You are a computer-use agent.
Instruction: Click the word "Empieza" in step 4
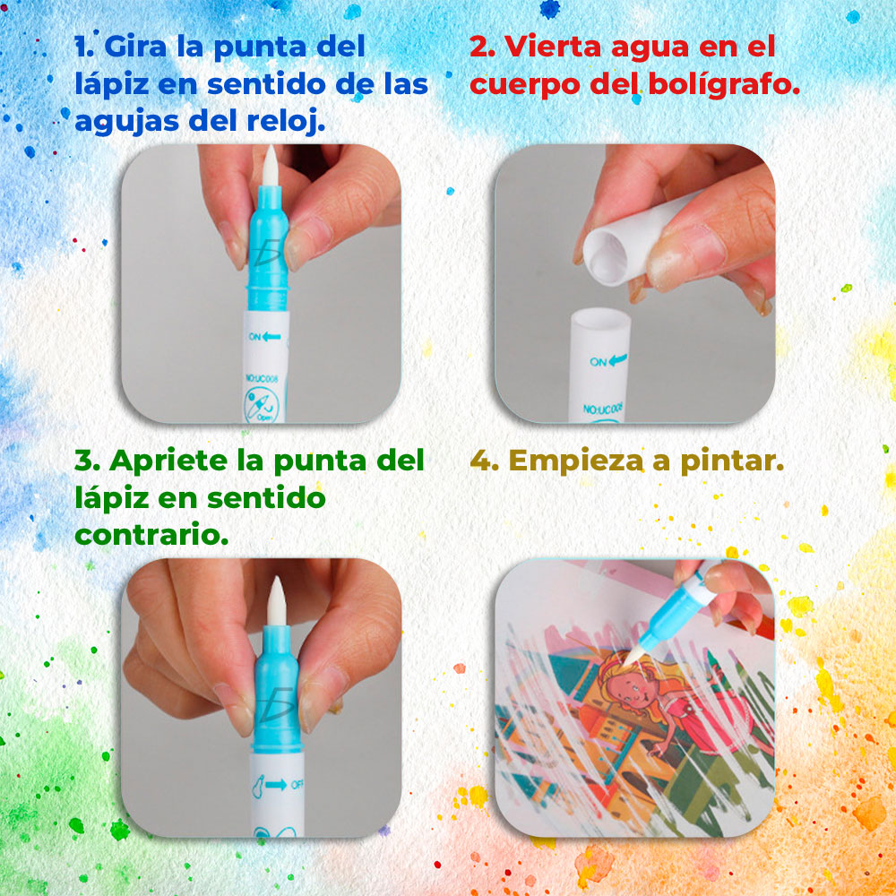click(x=576, y=461)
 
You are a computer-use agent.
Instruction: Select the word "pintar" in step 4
click(x=732, y=461)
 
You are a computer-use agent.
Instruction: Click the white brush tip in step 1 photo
click(x=270, y=165)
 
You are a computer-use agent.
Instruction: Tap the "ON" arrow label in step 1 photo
click(x=264, y=337)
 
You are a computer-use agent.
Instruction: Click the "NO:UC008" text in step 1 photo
click(x=263, y=378)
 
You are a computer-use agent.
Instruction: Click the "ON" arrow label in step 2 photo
click(x=608, y=361)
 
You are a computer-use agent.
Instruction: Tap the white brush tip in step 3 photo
click(x=277, y=600)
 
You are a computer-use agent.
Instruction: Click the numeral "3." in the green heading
click(x=87, y=461)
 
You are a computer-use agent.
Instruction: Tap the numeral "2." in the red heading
click(x=482, y=47)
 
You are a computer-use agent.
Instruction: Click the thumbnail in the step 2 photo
click(x=685, y=254)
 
